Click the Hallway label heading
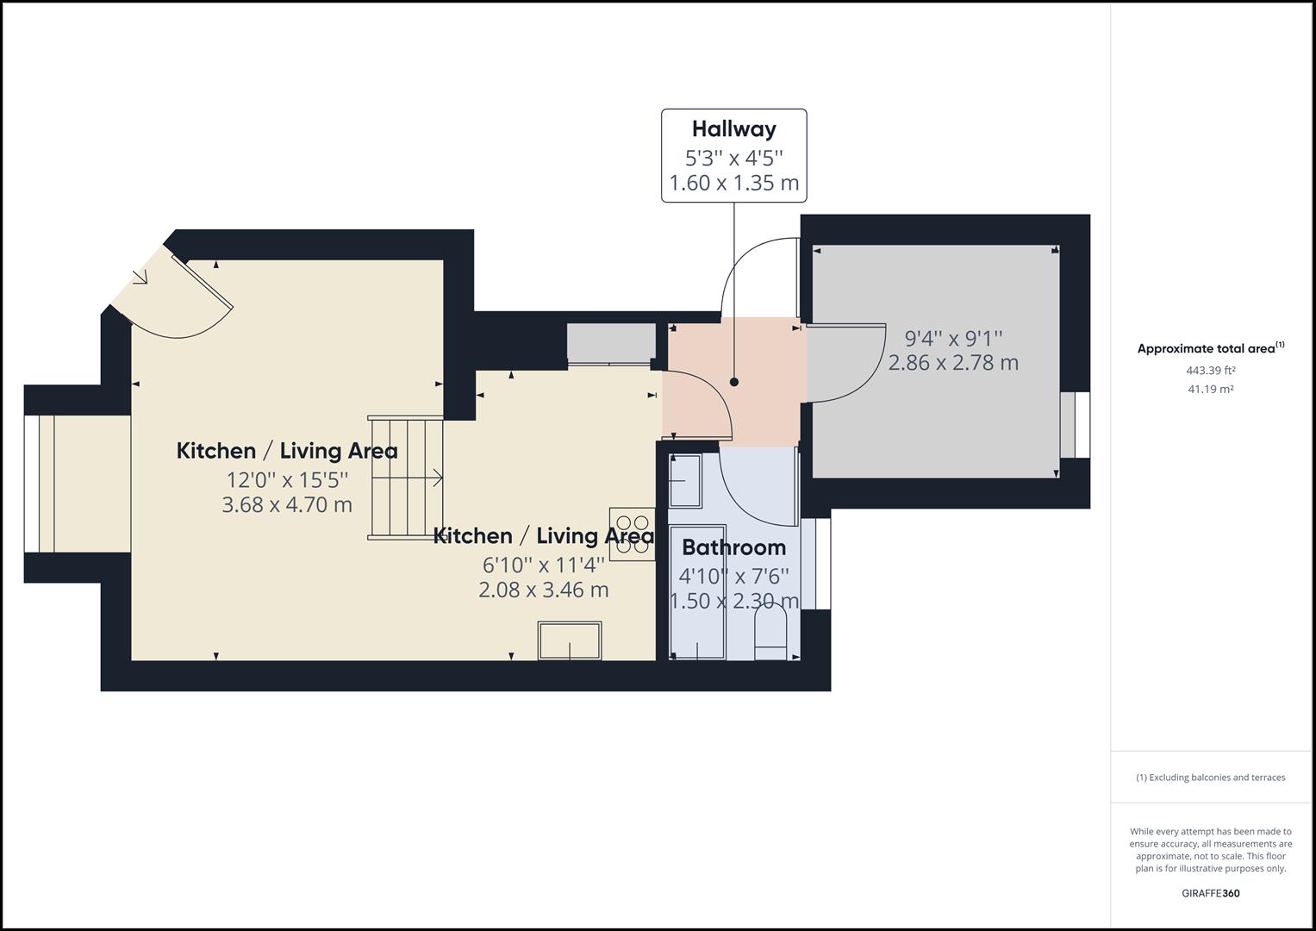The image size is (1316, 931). [x=733, y=129]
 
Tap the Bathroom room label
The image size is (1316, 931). [x=733, y=547]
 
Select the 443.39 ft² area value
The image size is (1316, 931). [x=1210, y=371]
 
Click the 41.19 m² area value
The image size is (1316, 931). [x=1210, y=390]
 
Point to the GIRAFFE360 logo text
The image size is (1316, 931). [x=1210, y=893]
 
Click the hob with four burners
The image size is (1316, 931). [x=632, y=532]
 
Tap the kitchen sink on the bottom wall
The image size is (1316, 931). [x=570, y=640]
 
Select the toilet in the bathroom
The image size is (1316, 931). [x=770, y=631]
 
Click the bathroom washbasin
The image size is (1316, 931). [x=685, y=480]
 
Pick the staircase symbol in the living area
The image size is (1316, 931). [x=405, y=478]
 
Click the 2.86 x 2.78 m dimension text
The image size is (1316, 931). [x=953, y=363]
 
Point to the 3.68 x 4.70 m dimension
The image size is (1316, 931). [x=287, y=505]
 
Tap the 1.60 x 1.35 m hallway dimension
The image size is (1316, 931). [x=733, y=184]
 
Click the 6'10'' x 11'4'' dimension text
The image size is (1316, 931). [x=544, y=565]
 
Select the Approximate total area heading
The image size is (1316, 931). [x=1210, y=349]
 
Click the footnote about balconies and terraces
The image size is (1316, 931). [x=1210, y=778]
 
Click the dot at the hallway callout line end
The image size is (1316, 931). [x=734, y=382]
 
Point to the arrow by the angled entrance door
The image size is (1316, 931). [x=140, y=277]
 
